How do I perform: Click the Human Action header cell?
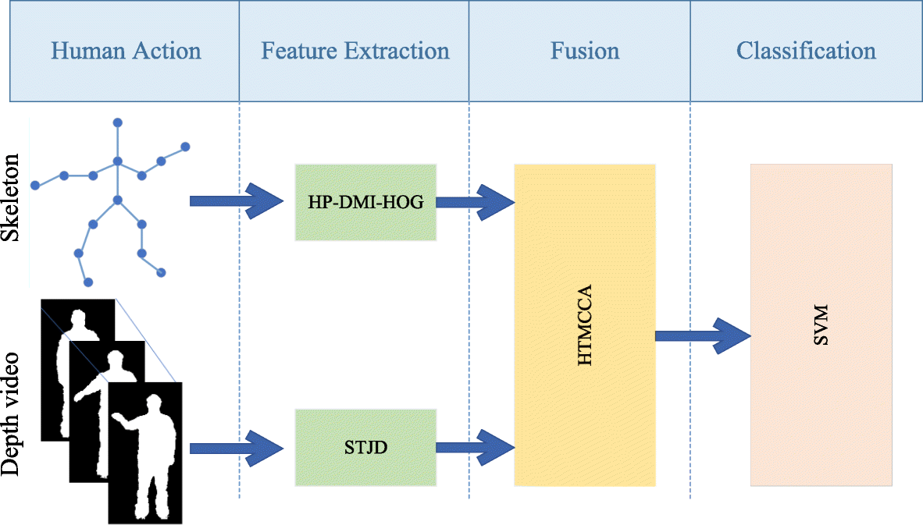126,51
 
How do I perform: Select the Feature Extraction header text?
355,51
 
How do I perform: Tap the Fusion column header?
584,51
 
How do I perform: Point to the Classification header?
806,51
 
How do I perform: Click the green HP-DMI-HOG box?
365,203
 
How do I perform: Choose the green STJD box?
365,448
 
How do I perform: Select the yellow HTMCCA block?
584,325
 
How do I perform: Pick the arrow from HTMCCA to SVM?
701,336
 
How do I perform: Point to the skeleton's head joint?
118,122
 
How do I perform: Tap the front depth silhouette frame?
144,452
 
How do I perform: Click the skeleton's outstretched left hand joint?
35,185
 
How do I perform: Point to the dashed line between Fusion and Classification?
690,312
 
